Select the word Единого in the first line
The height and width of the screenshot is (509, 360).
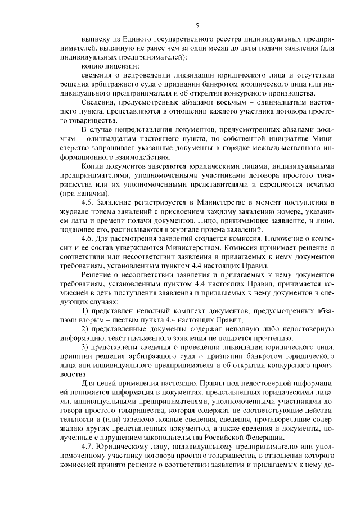click(136, 41)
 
